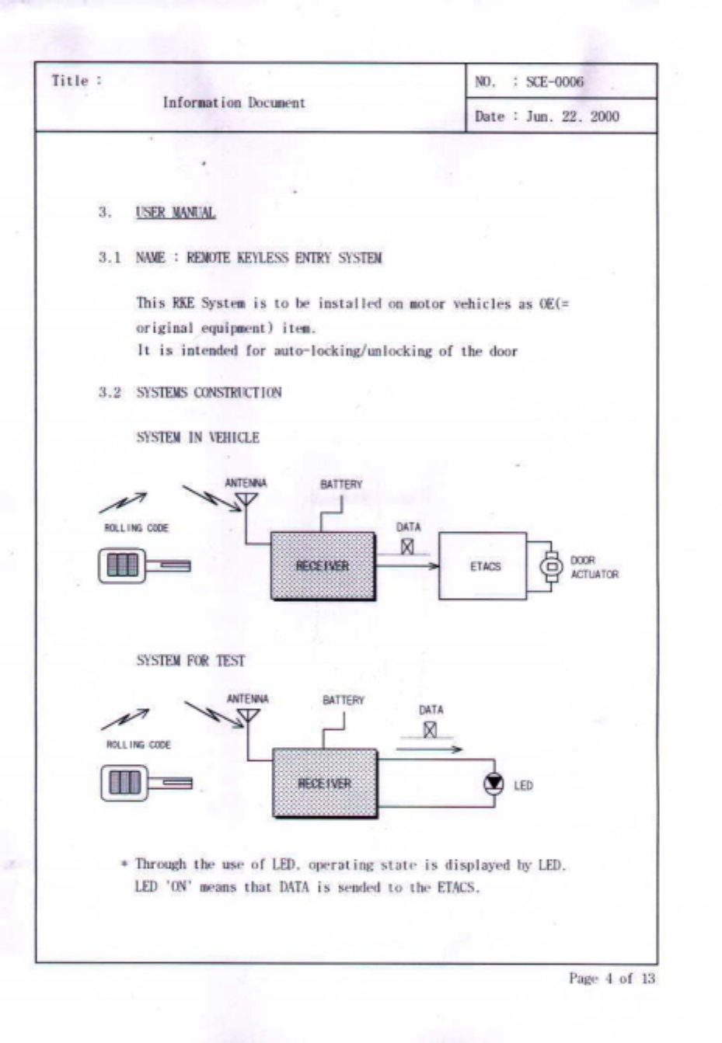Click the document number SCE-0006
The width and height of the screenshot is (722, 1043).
tap(554, 82)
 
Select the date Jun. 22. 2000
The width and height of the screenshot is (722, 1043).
tap(572, 116)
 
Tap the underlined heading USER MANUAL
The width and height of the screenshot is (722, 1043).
tap(176, 212)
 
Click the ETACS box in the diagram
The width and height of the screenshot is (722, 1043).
tap(483, 566)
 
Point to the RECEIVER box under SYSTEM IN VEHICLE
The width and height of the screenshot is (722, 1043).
tap(323, 566)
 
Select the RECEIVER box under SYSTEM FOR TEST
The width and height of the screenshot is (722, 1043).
tap(325, 783)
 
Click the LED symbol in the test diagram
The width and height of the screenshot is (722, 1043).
tap(494, 784)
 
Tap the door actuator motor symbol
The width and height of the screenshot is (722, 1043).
tap(551, 566)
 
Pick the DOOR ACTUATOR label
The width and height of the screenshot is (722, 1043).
tap(595, 567)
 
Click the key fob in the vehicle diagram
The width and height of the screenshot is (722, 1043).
tap(144, 565)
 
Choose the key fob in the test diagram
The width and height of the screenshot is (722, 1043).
tap(145, 782)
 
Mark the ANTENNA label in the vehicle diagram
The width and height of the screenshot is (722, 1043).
tap(246, 483)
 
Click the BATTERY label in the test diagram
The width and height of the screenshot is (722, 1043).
tap(343, 700)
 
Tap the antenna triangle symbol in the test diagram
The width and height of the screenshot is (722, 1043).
tap(248, 715)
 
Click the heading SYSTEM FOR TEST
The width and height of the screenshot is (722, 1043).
tap(190, 661)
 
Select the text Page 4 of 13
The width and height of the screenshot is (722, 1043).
tap(612, 978)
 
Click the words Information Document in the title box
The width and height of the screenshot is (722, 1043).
tap(234, 103)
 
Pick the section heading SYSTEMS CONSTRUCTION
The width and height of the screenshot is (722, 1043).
tap(208, 392)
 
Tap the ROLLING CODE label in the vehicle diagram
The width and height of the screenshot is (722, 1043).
tap(137, 528)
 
